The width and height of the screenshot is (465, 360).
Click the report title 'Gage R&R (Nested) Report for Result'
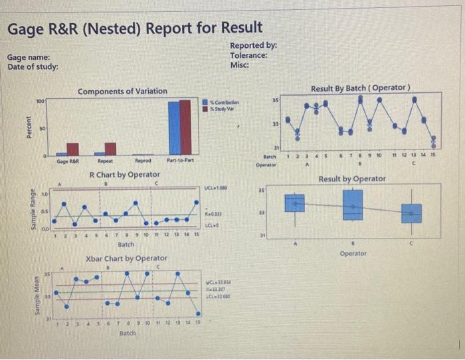click(x=134, y=28)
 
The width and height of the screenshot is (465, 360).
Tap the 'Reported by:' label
click(x=253, y=45)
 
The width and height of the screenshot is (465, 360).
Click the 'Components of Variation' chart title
click(x=122, y=91)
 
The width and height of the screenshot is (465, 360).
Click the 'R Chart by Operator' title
click(x=124, y=175)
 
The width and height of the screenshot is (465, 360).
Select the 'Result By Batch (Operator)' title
click(x=360, y=88)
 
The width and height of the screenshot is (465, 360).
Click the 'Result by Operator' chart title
click(x=352, y=179)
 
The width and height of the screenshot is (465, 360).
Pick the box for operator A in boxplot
click(x=296, y=203)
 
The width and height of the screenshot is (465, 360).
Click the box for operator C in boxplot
click(x=415, y=213)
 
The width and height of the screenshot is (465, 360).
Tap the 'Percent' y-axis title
click(x=28, y=127)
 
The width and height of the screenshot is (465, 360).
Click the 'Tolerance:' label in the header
click(x=249, y=55)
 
